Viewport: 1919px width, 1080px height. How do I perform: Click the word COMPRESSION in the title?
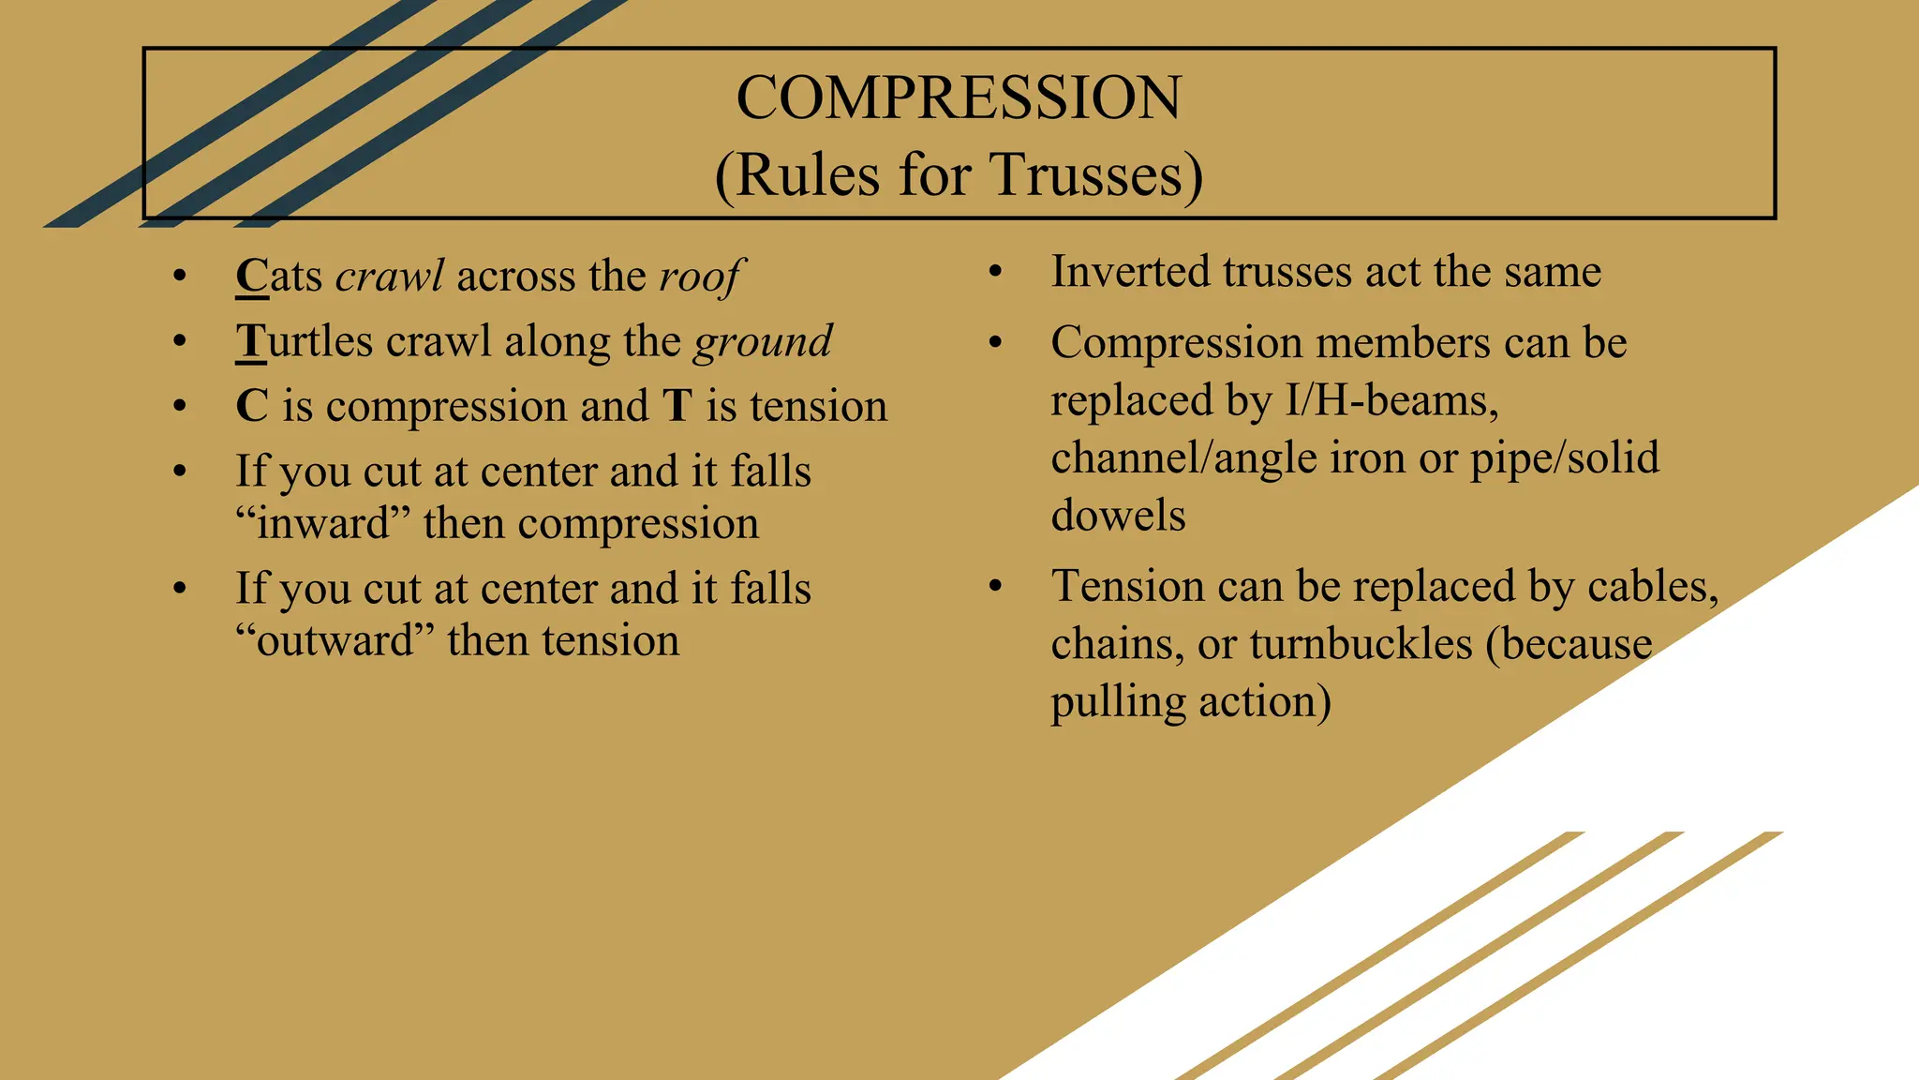959,97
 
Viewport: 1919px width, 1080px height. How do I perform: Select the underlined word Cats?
279,277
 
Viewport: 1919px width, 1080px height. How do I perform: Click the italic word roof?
700,277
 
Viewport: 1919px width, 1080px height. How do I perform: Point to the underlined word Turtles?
305,341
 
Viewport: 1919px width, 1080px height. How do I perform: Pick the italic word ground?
763,341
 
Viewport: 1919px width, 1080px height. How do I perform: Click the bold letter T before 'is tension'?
677,406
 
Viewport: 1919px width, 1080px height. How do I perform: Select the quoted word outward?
335,640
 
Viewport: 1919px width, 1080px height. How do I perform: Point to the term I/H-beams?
1391,401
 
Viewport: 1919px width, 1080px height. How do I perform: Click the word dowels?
1118,516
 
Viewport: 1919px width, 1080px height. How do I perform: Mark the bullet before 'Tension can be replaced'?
995,588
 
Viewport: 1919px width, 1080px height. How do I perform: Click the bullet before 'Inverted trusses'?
995,273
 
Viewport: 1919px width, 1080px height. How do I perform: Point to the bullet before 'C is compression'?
180,407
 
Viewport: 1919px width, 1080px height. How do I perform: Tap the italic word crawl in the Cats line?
389,277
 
